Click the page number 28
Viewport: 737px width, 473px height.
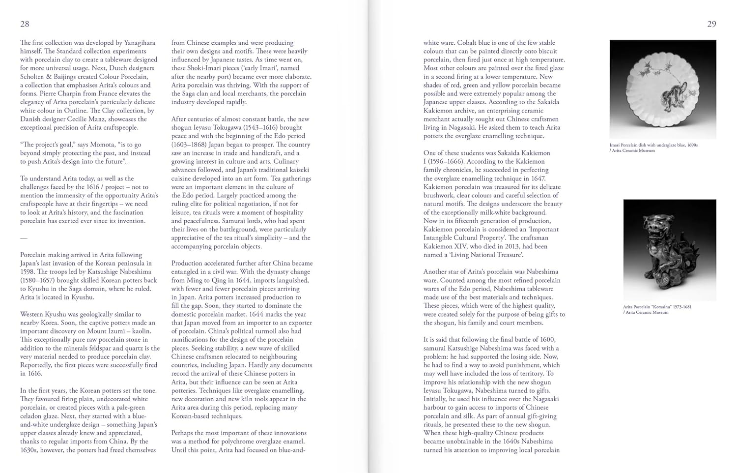coord(25,24)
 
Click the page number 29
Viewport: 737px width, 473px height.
coord(711,24)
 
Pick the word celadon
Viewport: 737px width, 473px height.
coord(30,416)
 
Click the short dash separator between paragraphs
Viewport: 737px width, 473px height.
coord(24,238)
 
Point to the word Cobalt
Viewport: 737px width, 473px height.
coord(474,43)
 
